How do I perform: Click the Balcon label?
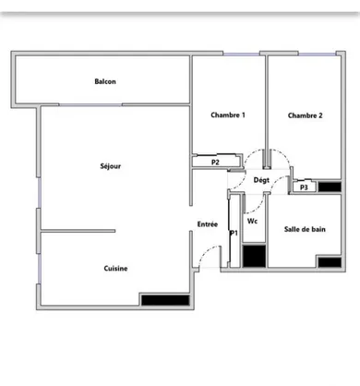[x=105, y=81]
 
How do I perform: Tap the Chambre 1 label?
[x=228, y=115]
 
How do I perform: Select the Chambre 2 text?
[x=305, y=115]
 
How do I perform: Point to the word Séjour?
[x=111, y=166]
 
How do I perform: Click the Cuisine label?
[x=115, y=269]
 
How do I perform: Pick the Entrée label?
[x=208, y=223]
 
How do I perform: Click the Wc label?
[x=252, y=222]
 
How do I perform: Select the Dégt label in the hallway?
[x=261, y=180]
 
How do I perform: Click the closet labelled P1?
[x=234, y=233]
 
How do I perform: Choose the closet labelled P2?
[x=215, y=163]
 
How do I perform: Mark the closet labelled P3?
[x=303, y=187]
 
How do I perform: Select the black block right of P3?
[x=326, y=186]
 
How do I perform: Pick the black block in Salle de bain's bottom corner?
[x=328, y=262]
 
